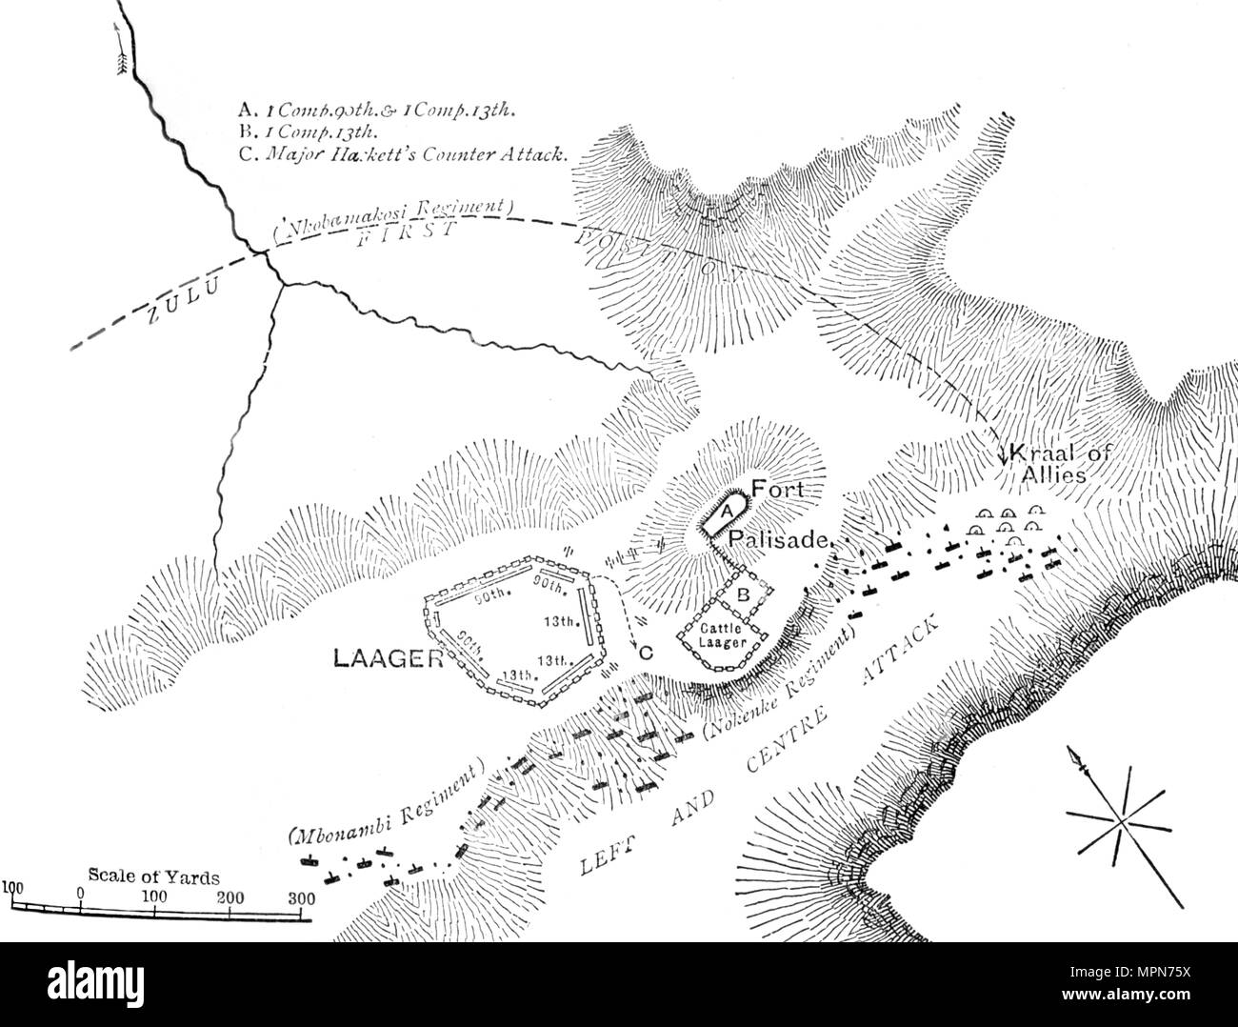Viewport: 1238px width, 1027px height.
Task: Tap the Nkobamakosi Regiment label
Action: [x=393, y=218]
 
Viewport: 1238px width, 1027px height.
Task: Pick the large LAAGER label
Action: [x=388, y=658]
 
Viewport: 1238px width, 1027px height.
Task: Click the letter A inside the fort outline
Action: [x=725, y=512]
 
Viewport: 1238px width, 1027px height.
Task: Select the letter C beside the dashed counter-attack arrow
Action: [x=646, y=654]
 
